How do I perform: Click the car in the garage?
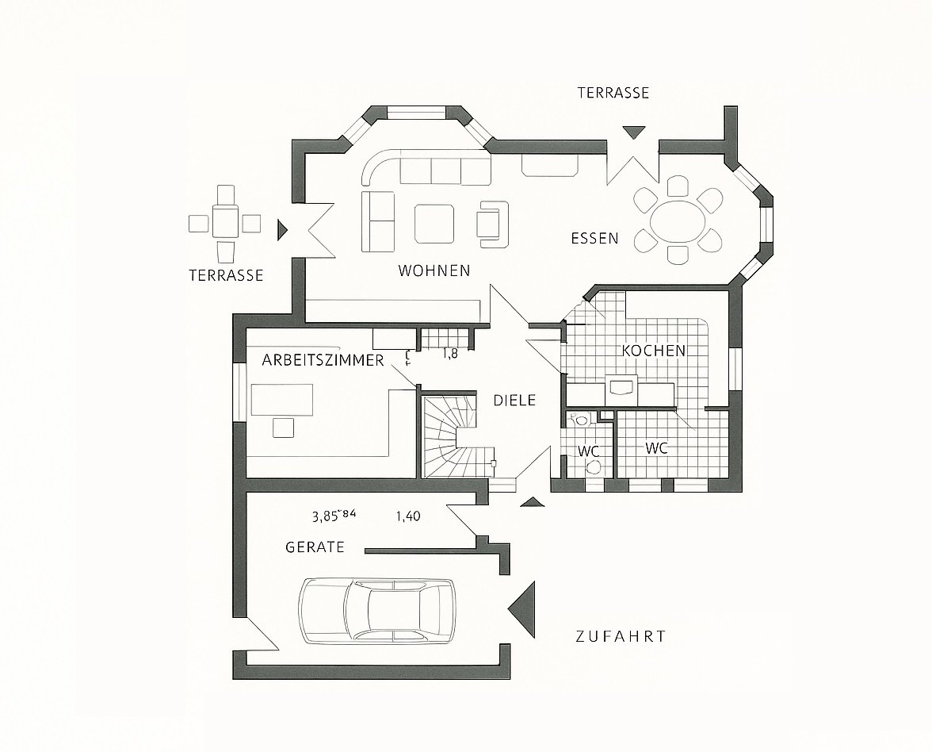pyautogui.click(x=377, y=609)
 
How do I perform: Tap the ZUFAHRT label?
pyautogui.click(x=621, y=636)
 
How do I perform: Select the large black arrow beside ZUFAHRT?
pyautogui.click(x=525, y=608)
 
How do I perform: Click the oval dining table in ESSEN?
pyautogui.click(x=678, y=220)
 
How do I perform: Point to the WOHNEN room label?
pyautogui.click(x=434, y=270)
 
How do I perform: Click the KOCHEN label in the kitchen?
pyautogui.click(x=653, y=350)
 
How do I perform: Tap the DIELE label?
pyautogui.click(x=514, y=401)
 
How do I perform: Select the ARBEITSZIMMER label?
pyautogui.click(x=323, y=360)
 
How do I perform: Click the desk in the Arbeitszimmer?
pyautogui.click(x=282, y=399)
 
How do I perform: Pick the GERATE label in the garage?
pyautogui.click(x=315, y=547)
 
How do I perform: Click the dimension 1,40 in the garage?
pyautogui.click(x=407, y=516)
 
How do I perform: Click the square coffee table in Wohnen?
pyautogui.click(x=434, y=224)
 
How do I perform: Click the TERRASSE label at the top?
pyautogui.click(x=613, y=93)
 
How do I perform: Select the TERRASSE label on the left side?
pyautogui.click(x=226, y=275)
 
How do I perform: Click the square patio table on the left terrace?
pyautogui.click(x=226, y=220)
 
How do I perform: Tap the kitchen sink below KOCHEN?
pyautogui.click(x=621, y=388)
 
